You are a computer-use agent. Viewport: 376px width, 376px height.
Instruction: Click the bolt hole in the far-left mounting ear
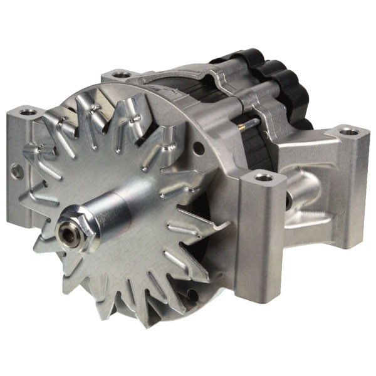28,113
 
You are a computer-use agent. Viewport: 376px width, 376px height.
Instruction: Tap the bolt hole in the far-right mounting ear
348,132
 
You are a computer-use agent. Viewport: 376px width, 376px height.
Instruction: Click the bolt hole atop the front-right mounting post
263,178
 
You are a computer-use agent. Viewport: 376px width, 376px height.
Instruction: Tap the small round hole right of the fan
199,149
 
